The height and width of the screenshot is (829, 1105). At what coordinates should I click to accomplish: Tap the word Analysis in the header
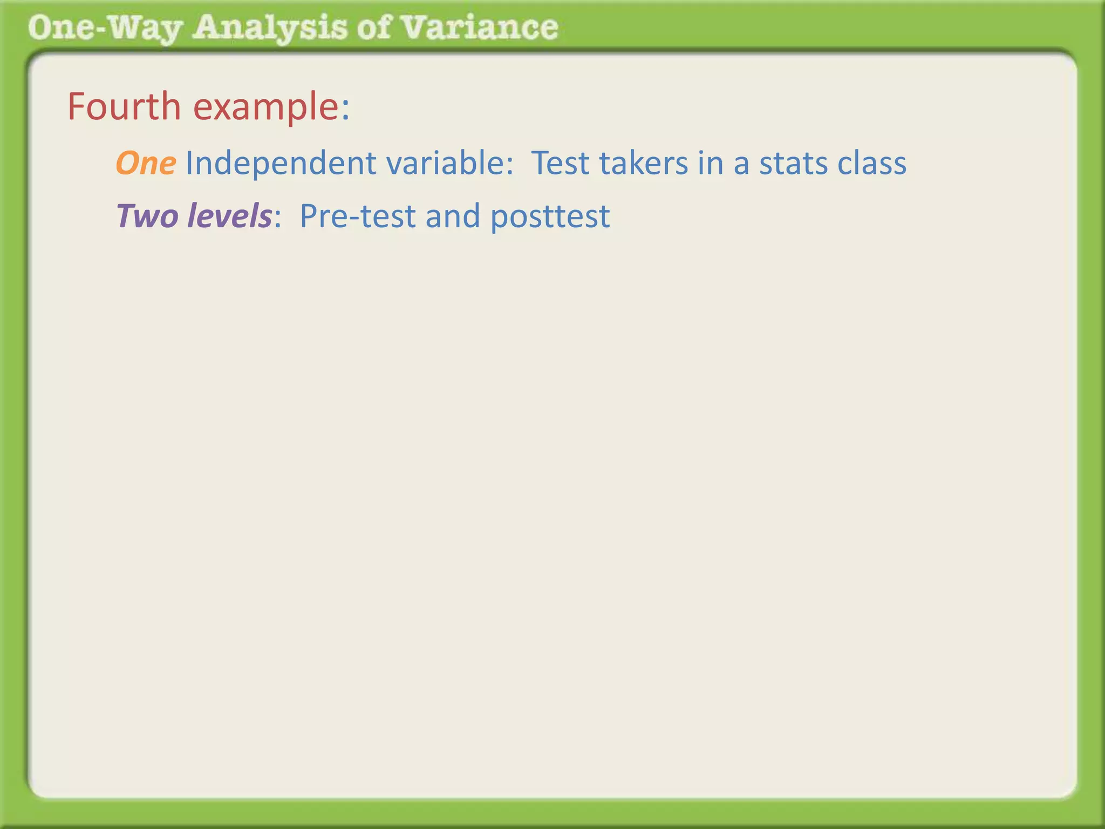(270, 28)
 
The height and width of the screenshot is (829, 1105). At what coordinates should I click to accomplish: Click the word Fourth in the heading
(124, 106)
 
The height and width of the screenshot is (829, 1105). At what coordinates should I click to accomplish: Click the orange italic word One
(146, 163)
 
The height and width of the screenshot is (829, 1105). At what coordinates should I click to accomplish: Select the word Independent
(281, 163)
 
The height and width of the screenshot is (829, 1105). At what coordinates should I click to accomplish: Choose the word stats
(793, 163)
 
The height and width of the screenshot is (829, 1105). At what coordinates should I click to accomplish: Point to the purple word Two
(147, 216)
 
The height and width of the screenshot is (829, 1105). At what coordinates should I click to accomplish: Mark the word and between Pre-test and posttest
(453, 216)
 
